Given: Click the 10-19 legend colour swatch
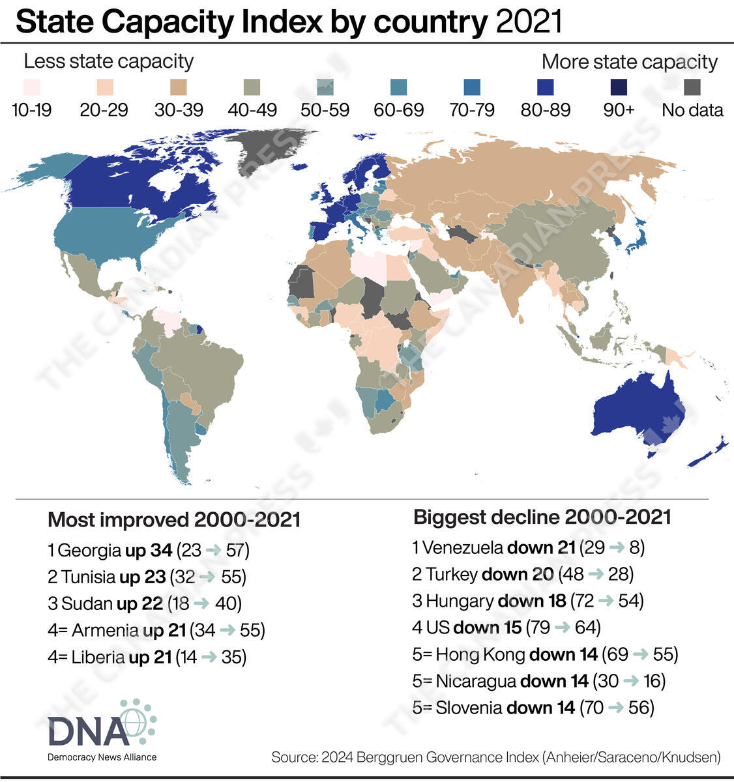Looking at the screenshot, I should (31, 87).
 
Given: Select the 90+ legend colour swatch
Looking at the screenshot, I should (618, 87).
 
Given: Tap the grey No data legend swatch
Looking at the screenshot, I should (692, 87).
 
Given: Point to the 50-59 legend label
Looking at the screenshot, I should (325, 110).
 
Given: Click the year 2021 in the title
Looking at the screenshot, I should (529, 23).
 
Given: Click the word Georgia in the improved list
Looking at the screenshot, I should (89, 551).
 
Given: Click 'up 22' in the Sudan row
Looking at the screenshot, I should (139, 603).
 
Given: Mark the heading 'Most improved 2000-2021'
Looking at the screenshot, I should (174, 520).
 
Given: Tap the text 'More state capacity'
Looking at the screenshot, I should (629, 63).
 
